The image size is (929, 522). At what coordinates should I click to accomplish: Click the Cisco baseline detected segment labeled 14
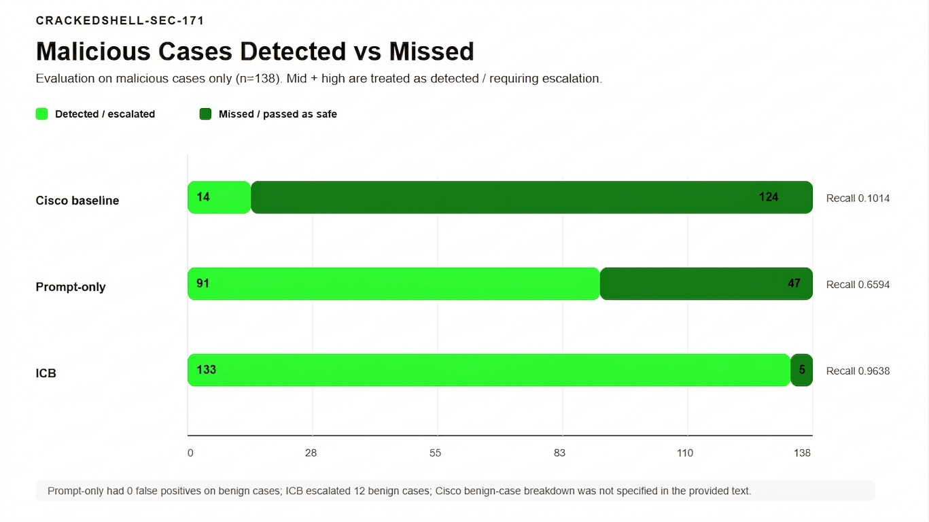tap(219, 198)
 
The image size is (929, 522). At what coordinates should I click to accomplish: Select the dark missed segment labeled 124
tap(531, 198)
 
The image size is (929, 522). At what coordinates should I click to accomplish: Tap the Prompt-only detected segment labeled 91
tap(393, 284)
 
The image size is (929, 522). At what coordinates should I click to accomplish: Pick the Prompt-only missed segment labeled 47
tap(706, 284)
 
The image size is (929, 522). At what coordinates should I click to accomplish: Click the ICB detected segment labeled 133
tap(489, 370)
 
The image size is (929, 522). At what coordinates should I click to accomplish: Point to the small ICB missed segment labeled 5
tap(802, 370)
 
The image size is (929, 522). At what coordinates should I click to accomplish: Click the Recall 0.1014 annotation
tap(858, 198)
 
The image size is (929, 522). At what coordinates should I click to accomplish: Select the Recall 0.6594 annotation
tap(858, 285)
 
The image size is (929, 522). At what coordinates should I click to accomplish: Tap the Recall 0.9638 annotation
tap(858, 371)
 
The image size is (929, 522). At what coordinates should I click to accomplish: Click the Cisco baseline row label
tap(77, 201)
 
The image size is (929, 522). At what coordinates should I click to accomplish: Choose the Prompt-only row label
tap(71, 287)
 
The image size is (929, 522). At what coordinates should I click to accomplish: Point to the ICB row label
tap(46, 373)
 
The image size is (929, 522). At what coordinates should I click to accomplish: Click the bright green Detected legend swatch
tap(41, 114)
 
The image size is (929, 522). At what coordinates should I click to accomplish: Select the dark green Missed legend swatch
tap(205, 114)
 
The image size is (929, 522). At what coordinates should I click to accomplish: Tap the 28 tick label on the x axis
tap(311, 453)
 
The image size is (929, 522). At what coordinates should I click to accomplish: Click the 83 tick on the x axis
tap(559, 453)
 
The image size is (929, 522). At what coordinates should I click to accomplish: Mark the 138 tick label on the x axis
tap(802, 453)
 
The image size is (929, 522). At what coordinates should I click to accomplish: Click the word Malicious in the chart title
tap(93, 52)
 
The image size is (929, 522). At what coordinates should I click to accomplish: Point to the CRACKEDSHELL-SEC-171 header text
tap(120, 20)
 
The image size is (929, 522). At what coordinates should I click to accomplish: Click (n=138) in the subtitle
tap(258, 78)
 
